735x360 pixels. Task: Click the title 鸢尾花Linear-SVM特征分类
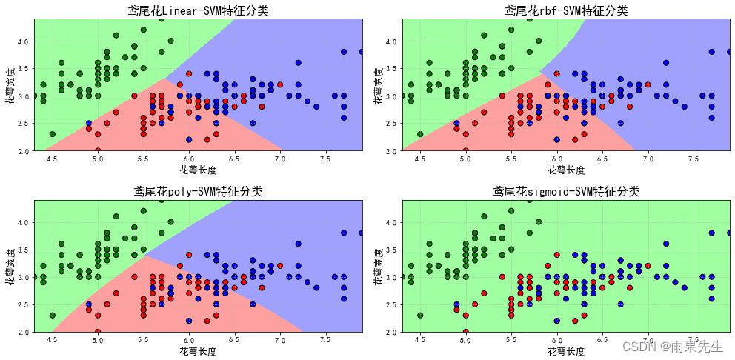click(198, 10)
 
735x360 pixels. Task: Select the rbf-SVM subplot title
click(566, 10)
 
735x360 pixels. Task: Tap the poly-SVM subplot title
click(198, 191)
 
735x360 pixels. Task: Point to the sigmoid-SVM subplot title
click(566, 191)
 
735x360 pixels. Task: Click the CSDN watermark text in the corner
click(672, 346)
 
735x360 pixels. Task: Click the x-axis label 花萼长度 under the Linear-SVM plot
click(198, 170)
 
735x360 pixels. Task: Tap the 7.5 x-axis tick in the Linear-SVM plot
click(325, 159)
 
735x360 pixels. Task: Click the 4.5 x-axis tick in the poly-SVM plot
click(51, 340)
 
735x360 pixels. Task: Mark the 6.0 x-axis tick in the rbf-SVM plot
click(556, 159)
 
